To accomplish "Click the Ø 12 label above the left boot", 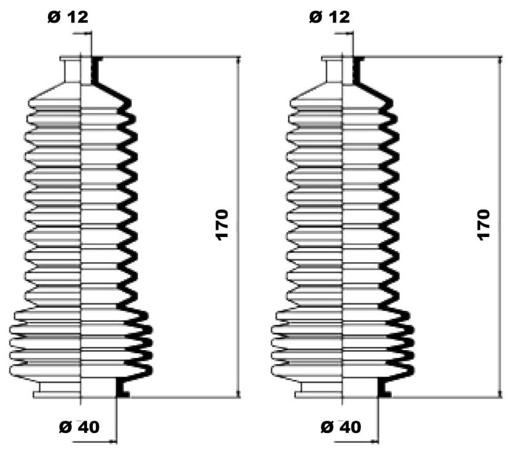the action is click(x=68, y=17).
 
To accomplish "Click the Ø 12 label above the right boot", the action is click(x=330, y=17).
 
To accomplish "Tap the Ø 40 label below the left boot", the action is click(x=79, y=427).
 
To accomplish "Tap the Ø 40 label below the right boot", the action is click(x=341, y=427).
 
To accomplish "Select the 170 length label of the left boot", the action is click(x=222, y=225).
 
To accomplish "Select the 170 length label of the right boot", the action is click(x=484, y=225).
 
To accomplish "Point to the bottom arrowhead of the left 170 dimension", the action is click(x=239, y=394).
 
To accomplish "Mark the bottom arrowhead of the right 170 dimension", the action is click(x=500, y=394).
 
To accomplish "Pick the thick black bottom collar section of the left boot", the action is click(x=122, y=387).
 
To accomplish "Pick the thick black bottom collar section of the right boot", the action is click(x=384, y=387).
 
